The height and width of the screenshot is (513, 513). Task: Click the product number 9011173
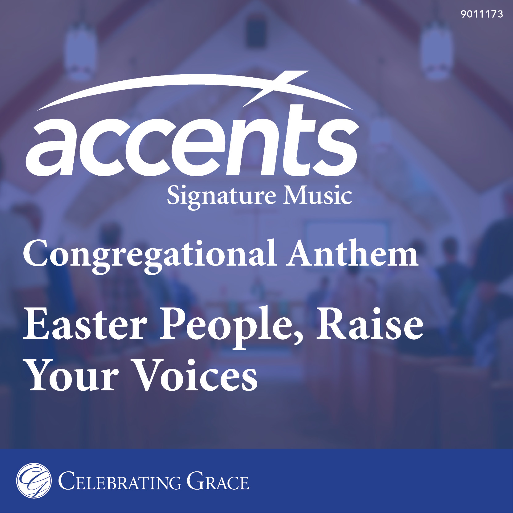(x=482, y=14)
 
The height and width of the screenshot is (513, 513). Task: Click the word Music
(x=318, y=195)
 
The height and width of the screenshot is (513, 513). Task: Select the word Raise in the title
(x=370, y=324)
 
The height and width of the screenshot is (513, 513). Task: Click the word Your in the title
(x=73, y=376)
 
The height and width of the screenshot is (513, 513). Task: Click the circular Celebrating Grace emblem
(x=34, y=480)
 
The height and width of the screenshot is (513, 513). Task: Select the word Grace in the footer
(x=218, y=481)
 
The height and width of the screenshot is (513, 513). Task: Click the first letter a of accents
(x=52, y=149)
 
